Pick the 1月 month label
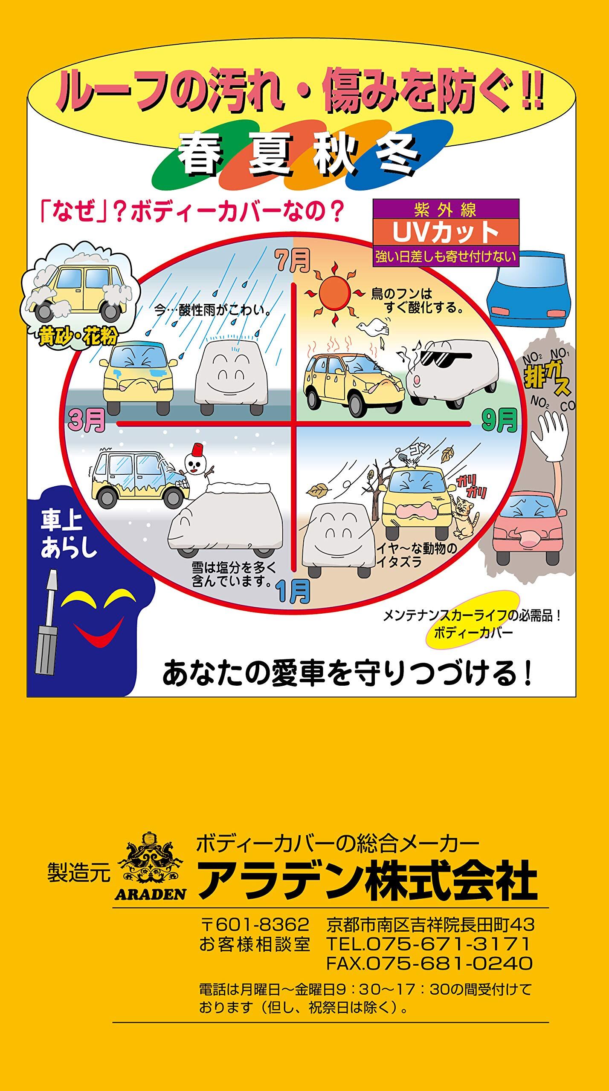point(293,592)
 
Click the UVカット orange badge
point(446,233)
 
